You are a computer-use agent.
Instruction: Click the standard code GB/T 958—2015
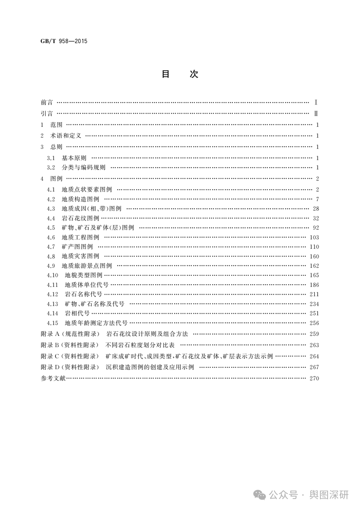pos(64,41)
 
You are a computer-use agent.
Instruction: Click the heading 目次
pos(180,74)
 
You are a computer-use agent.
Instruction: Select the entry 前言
pos(47,103)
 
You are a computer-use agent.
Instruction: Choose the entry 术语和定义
pos(66,136)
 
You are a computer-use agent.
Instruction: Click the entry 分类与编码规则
pos(84,168)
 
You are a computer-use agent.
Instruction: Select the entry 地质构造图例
pos(80,199)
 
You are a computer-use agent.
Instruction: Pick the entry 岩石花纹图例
pos(80,218)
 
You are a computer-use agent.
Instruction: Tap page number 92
pos(316,228)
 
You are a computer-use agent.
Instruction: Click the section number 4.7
pos(50,247)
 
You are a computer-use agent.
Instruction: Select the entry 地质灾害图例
pos(80,257)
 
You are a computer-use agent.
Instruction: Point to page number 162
pos(314,266)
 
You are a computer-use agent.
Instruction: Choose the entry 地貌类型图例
pos(84,275)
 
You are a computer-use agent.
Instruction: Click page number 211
pos(314,295)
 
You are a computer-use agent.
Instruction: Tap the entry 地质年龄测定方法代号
pos(96,323)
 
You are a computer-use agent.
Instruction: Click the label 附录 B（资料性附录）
pos(70,345)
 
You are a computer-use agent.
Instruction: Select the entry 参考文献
pos(53,379)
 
